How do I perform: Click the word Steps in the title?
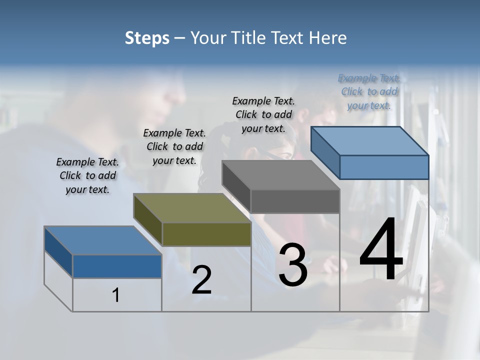(x=147, y=38)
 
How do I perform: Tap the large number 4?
(x=381, y=250)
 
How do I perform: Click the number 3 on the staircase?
(x=293, y=265)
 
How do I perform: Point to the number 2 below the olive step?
(x=201, y=280)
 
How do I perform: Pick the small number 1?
(x=116, y=295)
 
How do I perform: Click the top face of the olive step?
(x=192, y=208)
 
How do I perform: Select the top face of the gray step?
(x=281, y=175)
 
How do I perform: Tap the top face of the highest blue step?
(x=370, y=141)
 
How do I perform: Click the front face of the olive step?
(x=206, y=234)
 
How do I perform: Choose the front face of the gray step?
(x=295, y=201)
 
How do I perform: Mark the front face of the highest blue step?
(x=384, y=167)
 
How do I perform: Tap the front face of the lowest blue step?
(x=117, y=266)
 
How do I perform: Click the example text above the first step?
(x=87, y=176)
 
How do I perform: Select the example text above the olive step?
(x=174, y=147)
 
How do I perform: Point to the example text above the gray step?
(x=263, y=114)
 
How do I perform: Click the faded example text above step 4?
(x=369, y=92)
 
